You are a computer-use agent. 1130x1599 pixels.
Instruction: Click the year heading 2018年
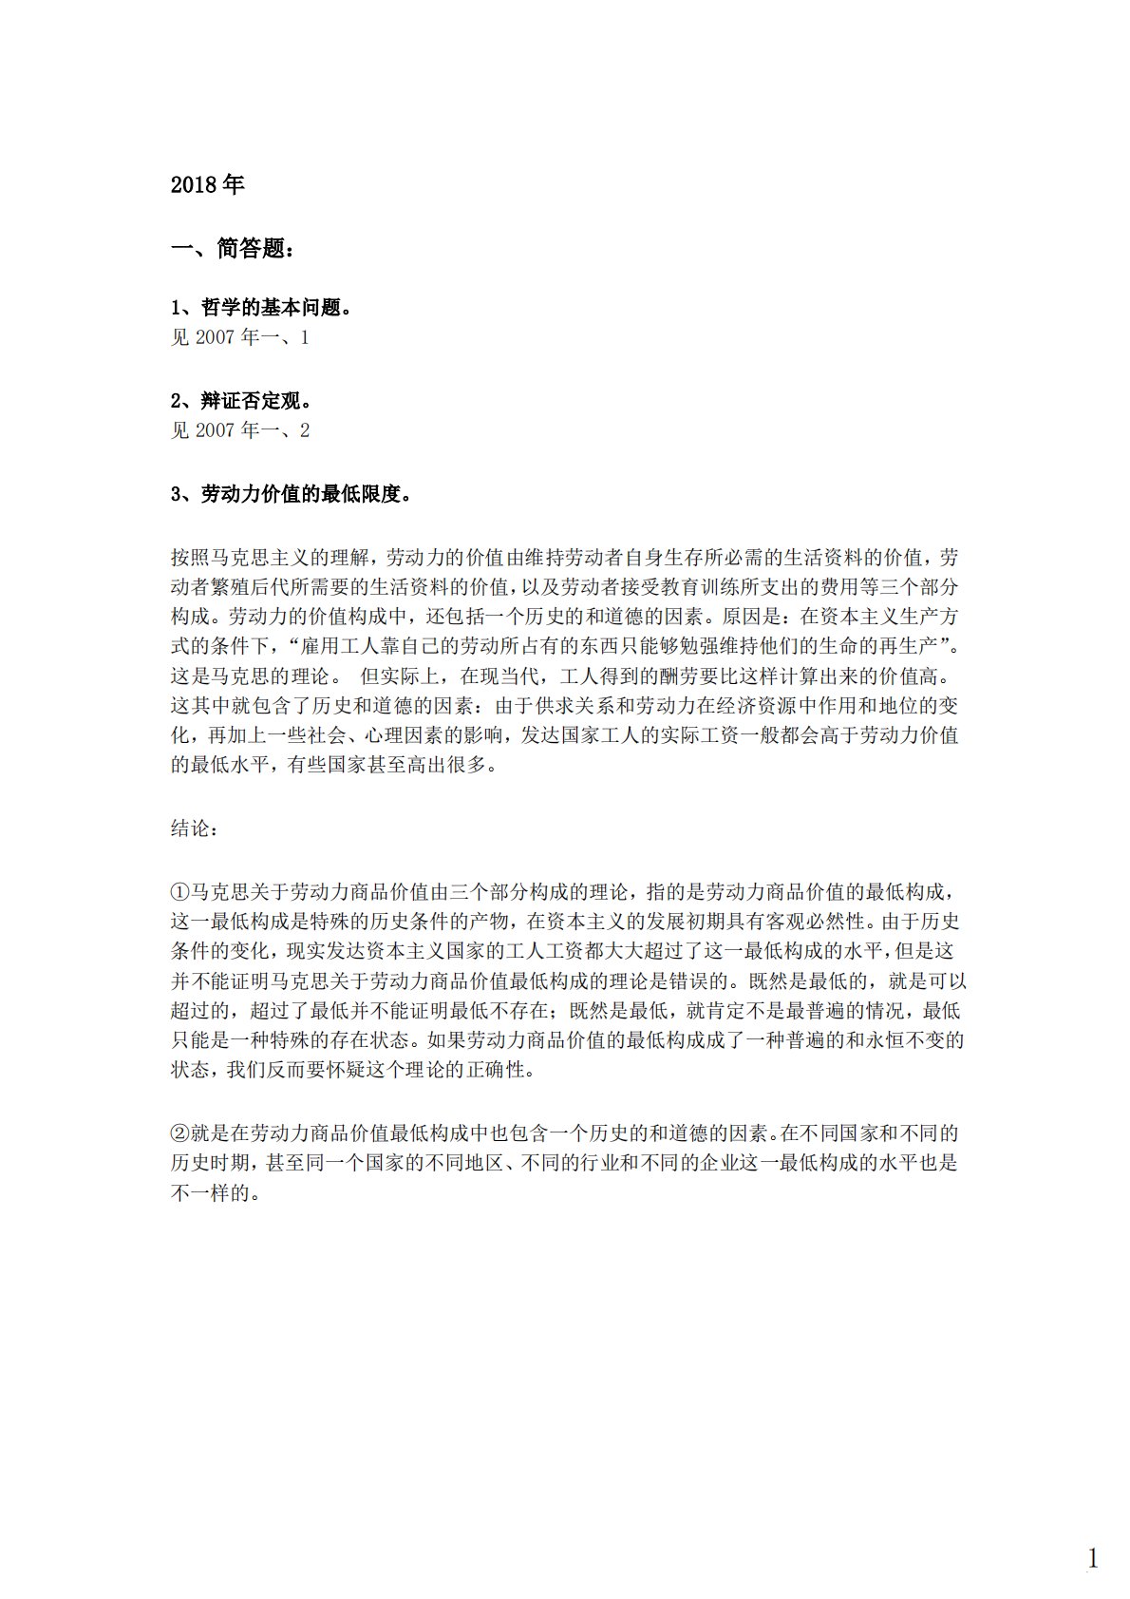[207, 184]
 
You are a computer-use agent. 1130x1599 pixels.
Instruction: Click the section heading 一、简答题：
[232, 249]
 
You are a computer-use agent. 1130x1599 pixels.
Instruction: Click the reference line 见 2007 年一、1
[239, 337]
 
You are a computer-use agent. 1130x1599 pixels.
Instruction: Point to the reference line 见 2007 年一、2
[239, 430]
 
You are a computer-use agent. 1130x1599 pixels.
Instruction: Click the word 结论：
[195, 828]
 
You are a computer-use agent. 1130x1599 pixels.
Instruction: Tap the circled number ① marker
[180, 892]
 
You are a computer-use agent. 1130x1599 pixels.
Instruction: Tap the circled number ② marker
[180, 1133]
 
